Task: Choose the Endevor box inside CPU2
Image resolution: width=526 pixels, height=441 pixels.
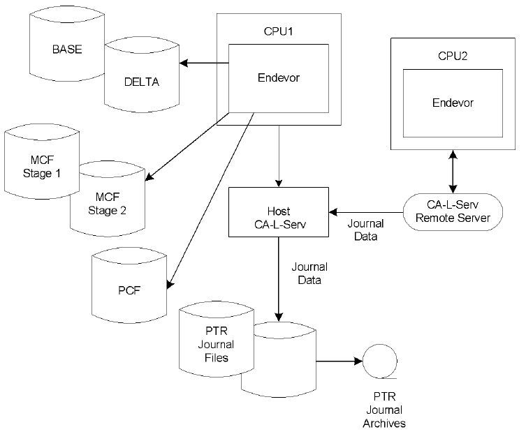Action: [452, 103]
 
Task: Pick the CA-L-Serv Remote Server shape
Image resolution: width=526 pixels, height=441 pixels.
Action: [454, 211]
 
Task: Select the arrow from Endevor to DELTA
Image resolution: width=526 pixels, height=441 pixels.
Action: [204, 64]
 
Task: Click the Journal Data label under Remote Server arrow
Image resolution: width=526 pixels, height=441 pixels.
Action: [365, 230]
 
